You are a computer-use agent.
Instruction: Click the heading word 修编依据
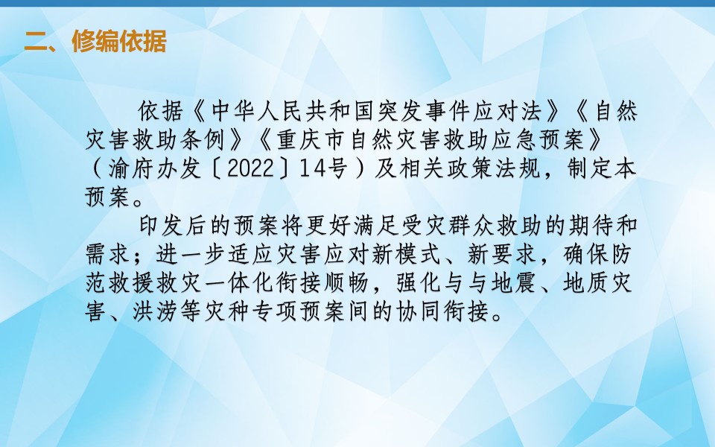[119, 42]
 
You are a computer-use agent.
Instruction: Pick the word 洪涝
[156, 312]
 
